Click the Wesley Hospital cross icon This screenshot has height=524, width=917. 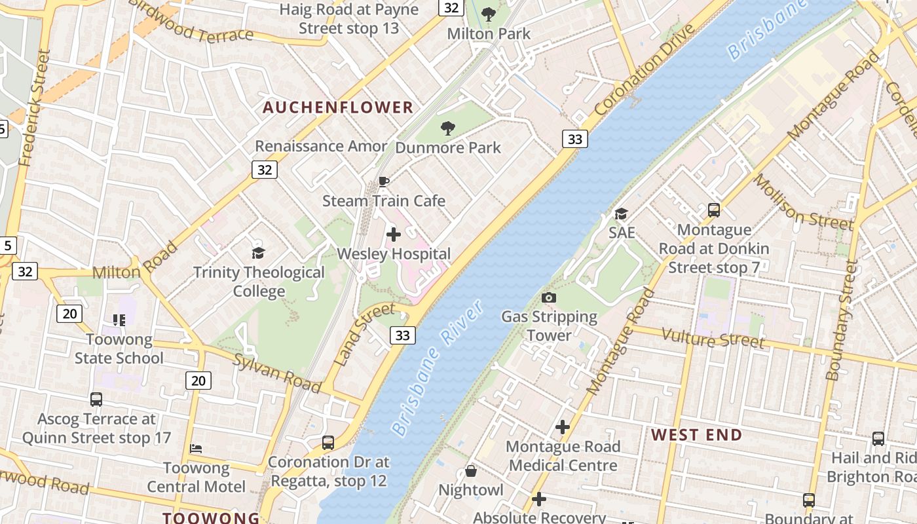[x=394, y=234]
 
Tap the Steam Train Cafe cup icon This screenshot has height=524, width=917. [x=384, y=181]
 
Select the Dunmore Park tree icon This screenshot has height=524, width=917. [x=448, y=128]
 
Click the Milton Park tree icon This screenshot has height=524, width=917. [x=489, y=14]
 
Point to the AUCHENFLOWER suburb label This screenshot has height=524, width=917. [x=338, y=107]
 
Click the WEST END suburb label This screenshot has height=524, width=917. [x=696, y=435]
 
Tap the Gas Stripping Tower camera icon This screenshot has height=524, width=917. [x=549, y=298]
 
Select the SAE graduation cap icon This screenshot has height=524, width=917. [x=621, y=214]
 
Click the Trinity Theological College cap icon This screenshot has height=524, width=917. [x=259, y=253]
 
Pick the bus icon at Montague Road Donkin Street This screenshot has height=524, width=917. [x=714, y=210]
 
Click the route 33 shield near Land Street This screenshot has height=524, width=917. [x=402, y=335]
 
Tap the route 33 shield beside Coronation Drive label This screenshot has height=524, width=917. [x=574, y=139]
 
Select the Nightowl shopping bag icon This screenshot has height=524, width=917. [x=470, y=471]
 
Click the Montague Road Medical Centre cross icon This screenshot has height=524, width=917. [x=563, y=428]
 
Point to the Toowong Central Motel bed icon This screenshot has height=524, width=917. [x=196, y=449]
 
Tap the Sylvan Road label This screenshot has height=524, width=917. [x=276, y=373]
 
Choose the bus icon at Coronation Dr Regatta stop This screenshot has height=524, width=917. [x=328, y=443]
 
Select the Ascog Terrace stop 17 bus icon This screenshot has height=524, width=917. [x=96, y=399]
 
